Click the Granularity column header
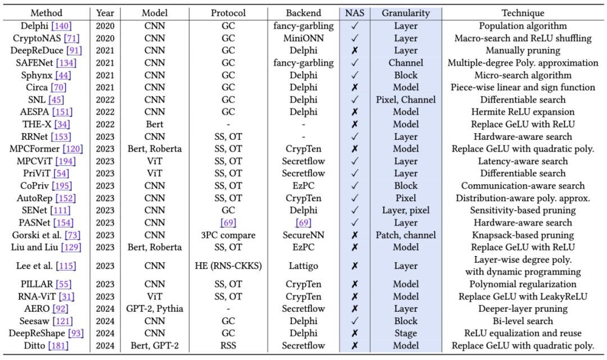(405, 13)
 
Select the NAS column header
(354, 13)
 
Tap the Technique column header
(523, 13)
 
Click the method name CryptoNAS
(35, 38)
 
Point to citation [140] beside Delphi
(62, 26)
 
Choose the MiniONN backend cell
(303, 38)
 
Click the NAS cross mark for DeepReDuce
(354, 51)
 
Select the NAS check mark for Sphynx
(354, 75)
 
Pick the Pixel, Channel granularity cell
(405, 100)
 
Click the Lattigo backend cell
(303, 266)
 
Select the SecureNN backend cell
(303, 235)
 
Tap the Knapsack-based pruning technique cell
(523, 235)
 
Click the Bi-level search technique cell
(523, 321)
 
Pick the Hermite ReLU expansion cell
(523, 112)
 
